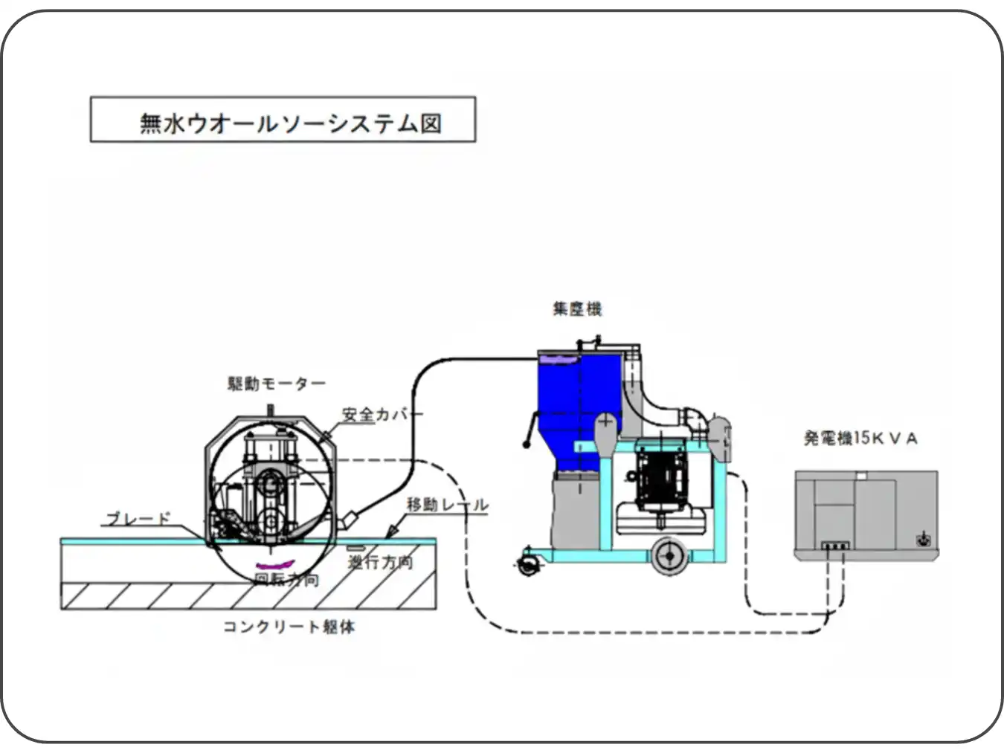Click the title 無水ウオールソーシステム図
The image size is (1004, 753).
pos(290,122)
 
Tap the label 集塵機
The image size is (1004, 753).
pos(576,308)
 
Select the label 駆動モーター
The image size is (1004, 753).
pos(276,384)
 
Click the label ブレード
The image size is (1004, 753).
pos(138,519)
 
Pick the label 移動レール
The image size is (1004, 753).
pos(447,505)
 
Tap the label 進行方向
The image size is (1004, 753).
pos(380,562)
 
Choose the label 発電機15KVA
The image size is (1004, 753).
pos(860,439)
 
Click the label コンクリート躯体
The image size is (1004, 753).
pos(289,627)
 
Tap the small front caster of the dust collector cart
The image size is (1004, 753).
pos(530,565)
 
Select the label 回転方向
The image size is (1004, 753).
pos(286,579)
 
